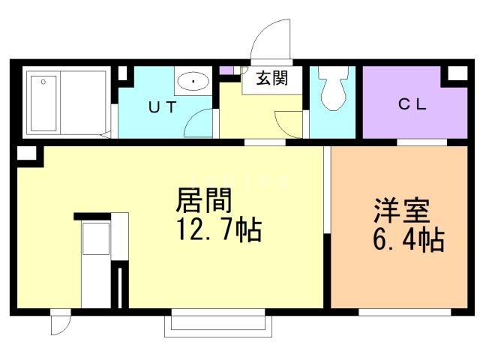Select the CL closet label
point(411,105)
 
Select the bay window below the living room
point(217,321)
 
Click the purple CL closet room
point(411,112)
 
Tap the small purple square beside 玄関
point(226,70)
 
